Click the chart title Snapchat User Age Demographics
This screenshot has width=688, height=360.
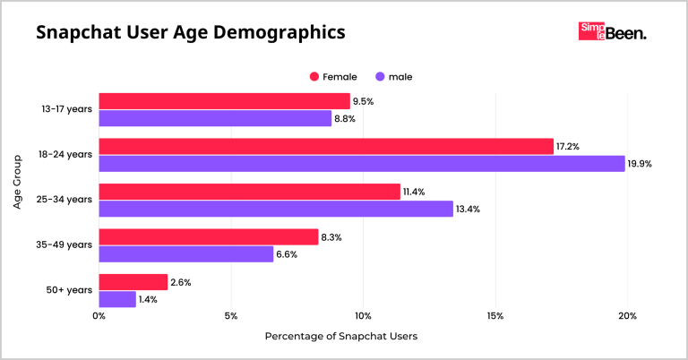190,34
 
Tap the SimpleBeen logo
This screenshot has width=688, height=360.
613,32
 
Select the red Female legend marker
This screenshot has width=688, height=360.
314,77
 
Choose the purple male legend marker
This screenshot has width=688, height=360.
382,77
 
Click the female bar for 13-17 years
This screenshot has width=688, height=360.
224,101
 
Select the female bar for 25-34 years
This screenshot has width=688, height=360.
249,192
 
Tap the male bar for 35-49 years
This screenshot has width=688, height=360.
185,253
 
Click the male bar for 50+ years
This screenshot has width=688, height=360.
117,299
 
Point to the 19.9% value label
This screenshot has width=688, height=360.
639,164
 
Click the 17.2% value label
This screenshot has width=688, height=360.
568,146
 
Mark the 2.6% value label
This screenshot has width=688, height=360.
181,282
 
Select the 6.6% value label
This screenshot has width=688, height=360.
287,254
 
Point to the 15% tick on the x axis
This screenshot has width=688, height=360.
495,316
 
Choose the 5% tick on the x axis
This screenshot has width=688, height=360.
231,316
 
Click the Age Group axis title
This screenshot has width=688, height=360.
18,200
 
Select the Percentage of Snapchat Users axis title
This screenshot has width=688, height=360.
340,337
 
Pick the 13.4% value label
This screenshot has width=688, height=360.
468,210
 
